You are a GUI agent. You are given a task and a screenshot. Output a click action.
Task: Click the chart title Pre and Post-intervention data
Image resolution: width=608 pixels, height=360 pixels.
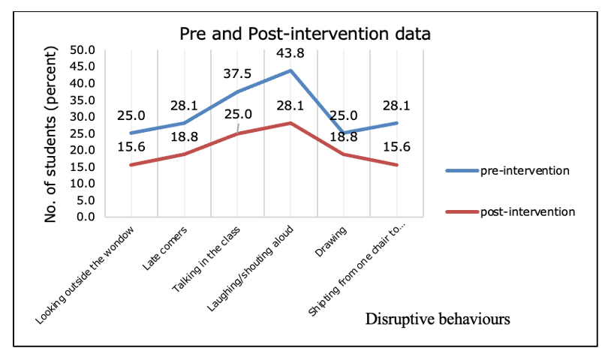pos(304,34)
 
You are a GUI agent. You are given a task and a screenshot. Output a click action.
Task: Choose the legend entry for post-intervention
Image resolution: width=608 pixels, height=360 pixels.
pos(528,211)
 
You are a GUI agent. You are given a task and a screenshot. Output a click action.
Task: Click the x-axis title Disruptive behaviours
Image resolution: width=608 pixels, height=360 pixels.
pos(438,319)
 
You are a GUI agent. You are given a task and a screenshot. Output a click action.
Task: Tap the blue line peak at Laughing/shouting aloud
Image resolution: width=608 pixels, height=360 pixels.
pos(290,70)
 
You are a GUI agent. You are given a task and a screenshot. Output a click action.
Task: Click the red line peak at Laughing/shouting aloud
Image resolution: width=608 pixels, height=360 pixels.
pos(290,123)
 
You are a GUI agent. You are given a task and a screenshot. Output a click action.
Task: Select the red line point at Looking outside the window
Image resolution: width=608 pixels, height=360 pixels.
pos(131,165)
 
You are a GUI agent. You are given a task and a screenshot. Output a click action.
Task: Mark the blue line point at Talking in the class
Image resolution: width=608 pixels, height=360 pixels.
pos(238,91)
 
